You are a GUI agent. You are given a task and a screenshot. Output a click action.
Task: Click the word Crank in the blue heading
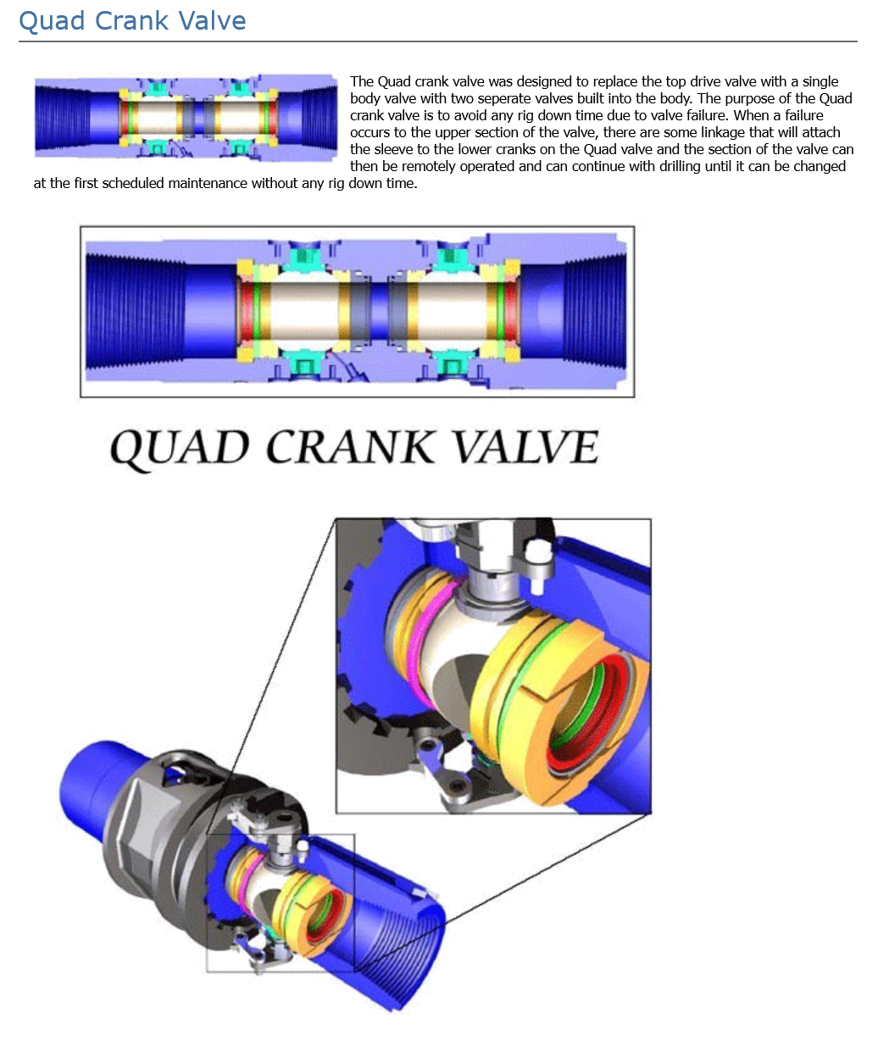click(x=131, y=21)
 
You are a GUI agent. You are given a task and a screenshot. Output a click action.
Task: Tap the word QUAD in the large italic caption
click(x=180, y=447)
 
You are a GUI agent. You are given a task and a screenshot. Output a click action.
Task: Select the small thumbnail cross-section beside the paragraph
click(x=186, y=118)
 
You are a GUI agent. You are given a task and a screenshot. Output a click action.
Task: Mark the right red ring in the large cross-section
click(x=511, y=312)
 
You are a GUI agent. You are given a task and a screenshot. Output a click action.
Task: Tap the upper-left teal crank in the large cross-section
click(x=304, y=257)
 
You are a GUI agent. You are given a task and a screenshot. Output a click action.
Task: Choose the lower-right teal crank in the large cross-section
click(x=453, y=367)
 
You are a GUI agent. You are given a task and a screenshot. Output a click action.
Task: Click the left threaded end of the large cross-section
click(x=135, y=312)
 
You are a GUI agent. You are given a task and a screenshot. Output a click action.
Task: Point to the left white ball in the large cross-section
click(x=304, y=312)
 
